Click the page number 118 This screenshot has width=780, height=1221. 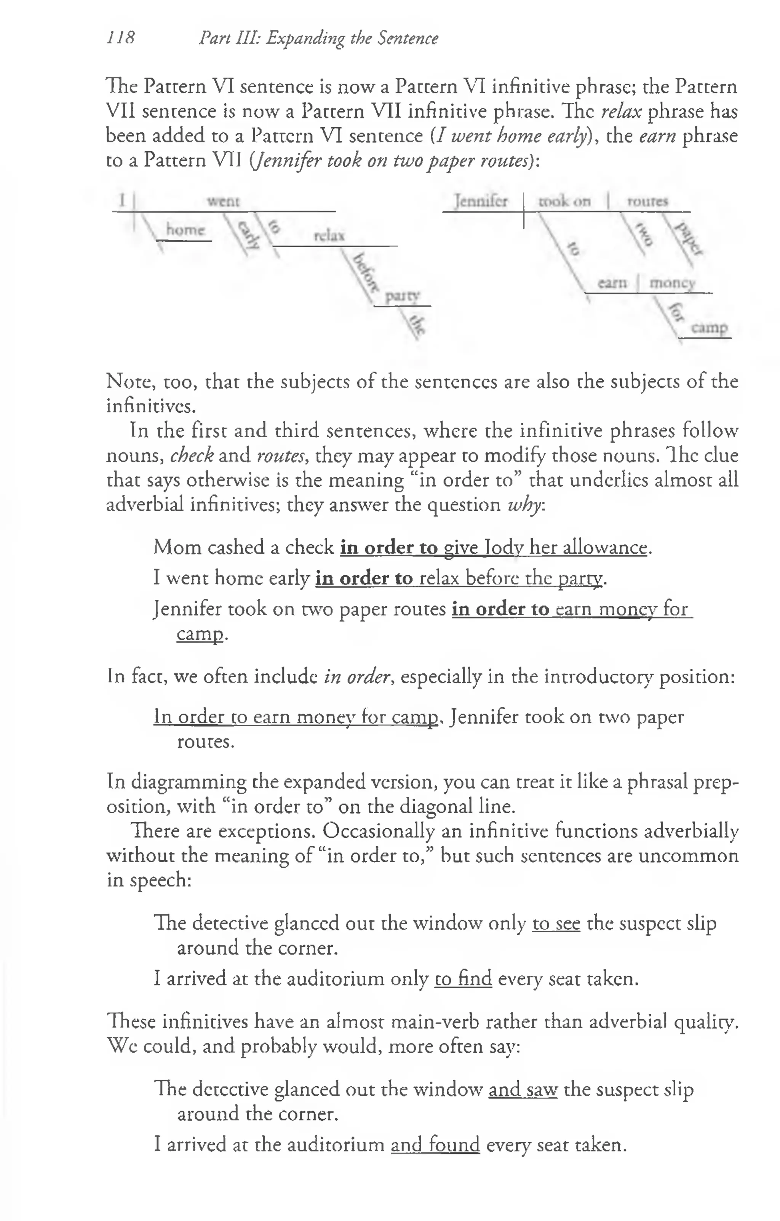tap(121, 38)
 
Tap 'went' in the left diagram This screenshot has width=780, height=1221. tap(223, 201)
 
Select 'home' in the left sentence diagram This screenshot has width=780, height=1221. tap(185, 230)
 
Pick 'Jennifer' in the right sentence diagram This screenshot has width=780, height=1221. tap(480, 201)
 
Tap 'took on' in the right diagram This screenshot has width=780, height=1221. tap(564, 201)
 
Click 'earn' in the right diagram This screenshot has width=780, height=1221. tap(612, 283)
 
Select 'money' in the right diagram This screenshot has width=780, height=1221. tap(672, 283)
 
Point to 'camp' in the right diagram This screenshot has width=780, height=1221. tap(710, 328)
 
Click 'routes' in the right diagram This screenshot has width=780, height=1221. tap(647, 201)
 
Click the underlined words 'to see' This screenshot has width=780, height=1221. tap(556, 923)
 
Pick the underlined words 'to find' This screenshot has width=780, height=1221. tap(463, 978)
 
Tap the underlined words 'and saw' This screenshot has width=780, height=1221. tap(523, 1090)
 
